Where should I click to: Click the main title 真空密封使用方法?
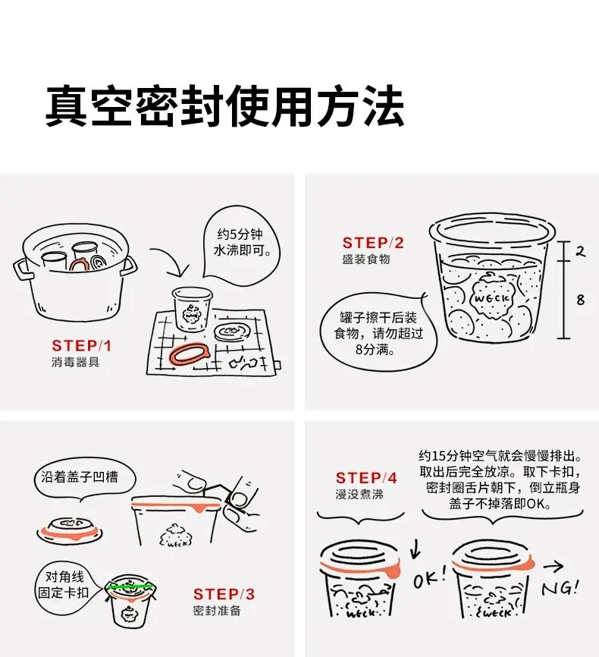coord(225,105)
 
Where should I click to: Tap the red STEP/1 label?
coord(82,346)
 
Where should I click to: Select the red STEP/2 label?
coord(373,243)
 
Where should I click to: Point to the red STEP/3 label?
coord(224,594)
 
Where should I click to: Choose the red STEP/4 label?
coord(366,478)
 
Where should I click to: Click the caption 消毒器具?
coord(75,362)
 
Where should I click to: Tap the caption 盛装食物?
coord(366,259)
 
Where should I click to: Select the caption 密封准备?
coord(217,611)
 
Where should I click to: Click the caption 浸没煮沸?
coord(359,494)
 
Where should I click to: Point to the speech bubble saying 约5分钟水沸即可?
coord(242,242)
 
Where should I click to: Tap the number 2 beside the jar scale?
coord(580,251)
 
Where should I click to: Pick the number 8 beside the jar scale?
coord(580,300)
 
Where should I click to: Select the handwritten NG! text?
coord(560,587)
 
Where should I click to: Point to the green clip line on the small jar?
coord(130,586)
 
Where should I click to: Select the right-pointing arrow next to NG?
coord(554,567)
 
